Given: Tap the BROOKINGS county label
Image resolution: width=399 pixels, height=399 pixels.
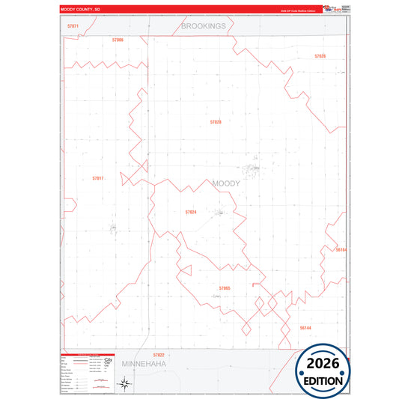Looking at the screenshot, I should click(x=203, y=26).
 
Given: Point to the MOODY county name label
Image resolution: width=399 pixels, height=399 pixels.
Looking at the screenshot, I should click(x=226, y=183).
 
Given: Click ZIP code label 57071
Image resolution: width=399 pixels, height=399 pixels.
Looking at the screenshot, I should click(x=73, y=26).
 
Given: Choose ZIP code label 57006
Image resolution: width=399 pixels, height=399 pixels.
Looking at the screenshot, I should click(x=118, y=39).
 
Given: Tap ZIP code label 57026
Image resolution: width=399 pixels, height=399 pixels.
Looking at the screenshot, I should click(x=320, y=56).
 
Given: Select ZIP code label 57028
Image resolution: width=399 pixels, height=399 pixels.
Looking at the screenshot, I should click(x=216, y=121).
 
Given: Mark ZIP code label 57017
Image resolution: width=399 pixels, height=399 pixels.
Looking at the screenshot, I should click(x=98, y=178).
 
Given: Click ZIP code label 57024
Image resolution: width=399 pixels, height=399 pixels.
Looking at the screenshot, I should click(x=190, y=212).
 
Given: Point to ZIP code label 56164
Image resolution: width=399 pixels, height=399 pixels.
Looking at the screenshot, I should click(x=341, y=249).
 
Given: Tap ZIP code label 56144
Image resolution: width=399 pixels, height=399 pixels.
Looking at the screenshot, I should click(x=305, y=327).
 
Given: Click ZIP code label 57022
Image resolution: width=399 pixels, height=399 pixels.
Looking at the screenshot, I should click(x=159, y=354).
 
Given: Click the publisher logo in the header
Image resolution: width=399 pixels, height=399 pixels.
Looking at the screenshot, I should click(x=331, y=9).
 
